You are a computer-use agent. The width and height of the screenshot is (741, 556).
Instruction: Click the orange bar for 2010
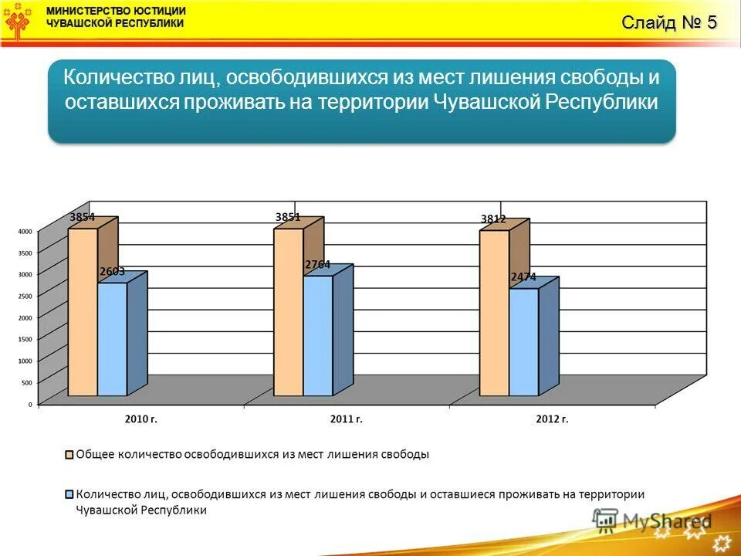83,312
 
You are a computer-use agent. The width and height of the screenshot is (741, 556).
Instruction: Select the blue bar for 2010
113,339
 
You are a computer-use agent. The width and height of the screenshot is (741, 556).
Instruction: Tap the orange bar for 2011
288,312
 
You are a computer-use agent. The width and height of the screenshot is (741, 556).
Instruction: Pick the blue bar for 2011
318,335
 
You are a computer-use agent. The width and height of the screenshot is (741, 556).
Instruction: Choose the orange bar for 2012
494,313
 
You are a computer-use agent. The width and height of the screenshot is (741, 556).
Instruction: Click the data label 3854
83,218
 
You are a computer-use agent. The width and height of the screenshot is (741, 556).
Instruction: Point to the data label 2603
112,272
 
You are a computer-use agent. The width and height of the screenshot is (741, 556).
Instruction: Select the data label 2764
317,264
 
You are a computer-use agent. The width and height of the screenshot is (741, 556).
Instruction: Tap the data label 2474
523,276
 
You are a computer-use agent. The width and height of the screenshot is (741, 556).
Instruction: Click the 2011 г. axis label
346,419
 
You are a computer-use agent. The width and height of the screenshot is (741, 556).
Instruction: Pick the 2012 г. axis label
551,419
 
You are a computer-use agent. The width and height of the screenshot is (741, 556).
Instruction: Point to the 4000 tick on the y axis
25,231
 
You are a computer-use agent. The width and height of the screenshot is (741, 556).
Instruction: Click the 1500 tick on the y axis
25,339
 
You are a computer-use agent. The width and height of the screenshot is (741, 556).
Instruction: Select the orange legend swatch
69,454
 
